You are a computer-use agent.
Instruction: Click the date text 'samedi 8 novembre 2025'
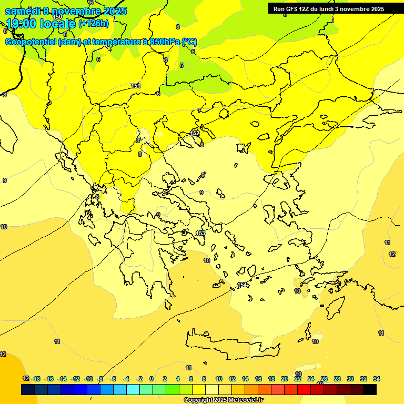click(66, 11)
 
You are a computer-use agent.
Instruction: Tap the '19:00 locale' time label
click(41, 24)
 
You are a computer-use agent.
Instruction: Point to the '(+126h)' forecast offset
click(94, 24)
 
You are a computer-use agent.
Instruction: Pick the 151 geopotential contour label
click(135, 86)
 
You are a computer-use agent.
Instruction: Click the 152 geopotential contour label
click(195, 134)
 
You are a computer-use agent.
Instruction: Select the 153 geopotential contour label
click(200, 233)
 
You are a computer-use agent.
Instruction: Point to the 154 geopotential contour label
click(242, 285)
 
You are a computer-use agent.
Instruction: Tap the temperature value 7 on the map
click(199, 110)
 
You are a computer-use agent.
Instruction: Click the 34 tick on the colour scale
click(377, 379)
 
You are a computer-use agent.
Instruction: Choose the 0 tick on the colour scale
click(151, 379)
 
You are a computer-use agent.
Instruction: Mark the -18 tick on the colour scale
click(36, 379)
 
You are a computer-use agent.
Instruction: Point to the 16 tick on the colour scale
click(258, 379)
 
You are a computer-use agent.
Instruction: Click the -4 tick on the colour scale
click(126, 379)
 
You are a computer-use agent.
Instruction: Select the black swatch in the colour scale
click(370, 389)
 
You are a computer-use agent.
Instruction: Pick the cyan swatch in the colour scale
click(133, 389)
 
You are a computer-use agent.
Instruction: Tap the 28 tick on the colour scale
click(337, 379)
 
